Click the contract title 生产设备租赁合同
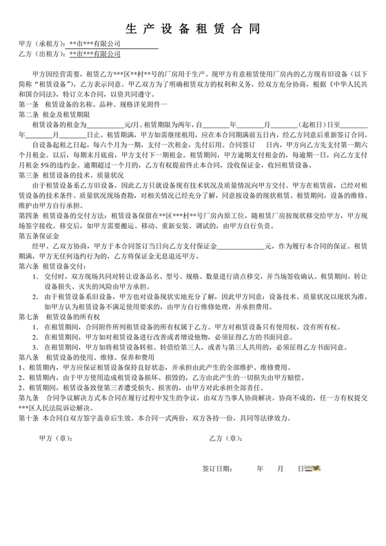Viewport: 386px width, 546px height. click(193, 29)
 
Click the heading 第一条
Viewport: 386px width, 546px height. click(29, 103)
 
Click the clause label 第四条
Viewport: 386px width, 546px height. click(29, 215)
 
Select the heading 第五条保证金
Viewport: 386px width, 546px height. click(39, 235)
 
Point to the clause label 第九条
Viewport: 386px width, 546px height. click(29, 398)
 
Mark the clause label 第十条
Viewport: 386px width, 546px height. click(29, 417)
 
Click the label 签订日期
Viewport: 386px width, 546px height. click(219, 469)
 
